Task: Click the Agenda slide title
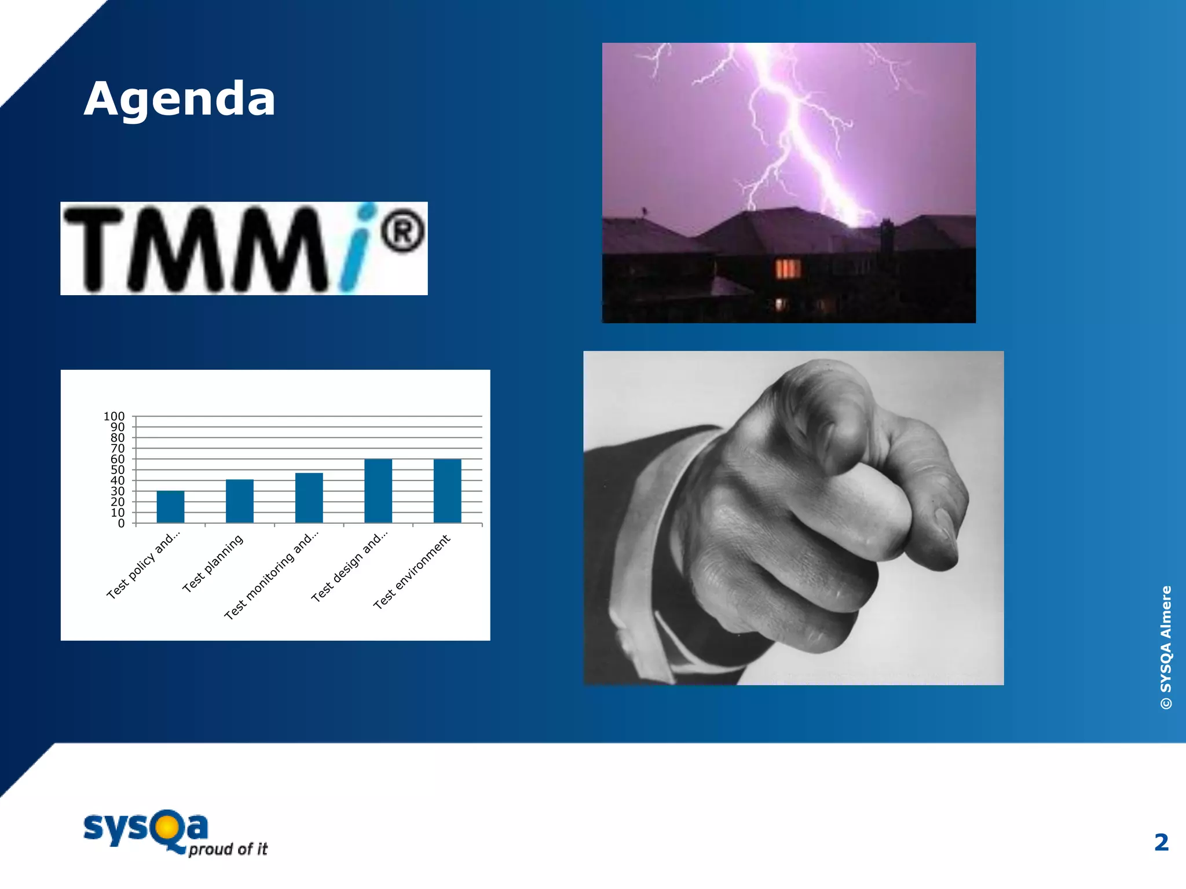(x=180, y=99)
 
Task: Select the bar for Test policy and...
(x=170, y=506)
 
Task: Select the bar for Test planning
(x=239, y=501)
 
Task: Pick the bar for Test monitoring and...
(x=309, y=498)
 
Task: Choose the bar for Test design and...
(x=378, y=491)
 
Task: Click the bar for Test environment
(x=447, y=491)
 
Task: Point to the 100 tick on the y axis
(x=114, y=416)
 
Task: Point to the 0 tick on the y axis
(x=121, y=523)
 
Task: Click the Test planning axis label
(x=213, y=564)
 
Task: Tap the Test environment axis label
(x=411, y=572)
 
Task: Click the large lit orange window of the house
(x=788, y=269)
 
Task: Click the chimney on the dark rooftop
(x=885, y=234)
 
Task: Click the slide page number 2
(x=1161, y=843)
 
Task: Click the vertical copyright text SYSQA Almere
(x=1166, y=647)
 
